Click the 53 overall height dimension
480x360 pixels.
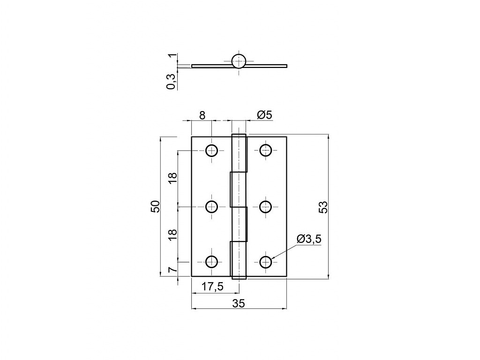(324, 207)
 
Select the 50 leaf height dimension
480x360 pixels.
(156, 207)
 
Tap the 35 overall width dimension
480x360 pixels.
(239, 303)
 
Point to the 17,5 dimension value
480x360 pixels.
(212, 287)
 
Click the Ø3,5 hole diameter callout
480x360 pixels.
(309, 239)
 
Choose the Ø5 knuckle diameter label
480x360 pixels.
(264, 115)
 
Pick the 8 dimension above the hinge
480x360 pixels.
(202, 115)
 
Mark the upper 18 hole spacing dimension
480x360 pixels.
(173, 179)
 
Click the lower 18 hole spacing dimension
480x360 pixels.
(173, 234)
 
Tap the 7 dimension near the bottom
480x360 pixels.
(173, 270)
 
